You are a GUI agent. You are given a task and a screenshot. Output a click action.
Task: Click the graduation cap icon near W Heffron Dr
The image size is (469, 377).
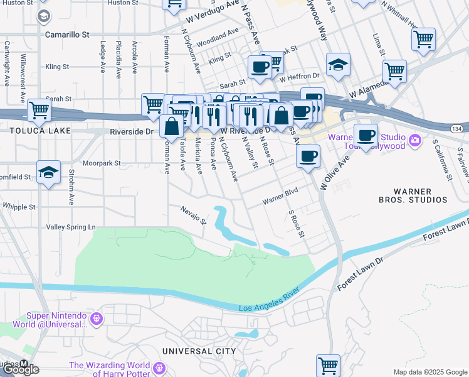coord(338,65)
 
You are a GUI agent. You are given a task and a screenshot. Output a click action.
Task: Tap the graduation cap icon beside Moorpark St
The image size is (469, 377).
coord(48,172)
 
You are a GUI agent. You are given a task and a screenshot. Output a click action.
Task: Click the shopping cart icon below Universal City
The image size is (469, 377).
coord(328,365)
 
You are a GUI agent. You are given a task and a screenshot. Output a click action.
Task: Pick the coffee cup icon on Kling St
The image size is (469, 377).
coord(260,66)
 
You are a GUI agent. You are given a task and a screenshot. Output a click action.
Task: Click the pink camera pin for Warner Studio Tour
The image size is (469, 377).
coord(414,140)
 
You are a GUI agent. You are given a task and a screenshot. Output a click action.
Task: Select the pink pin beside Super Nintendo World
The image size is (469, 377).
coord(97,319)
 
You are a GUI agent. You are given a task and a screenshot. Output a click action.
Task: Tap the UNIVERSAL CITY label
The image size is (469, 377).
coord(199,351)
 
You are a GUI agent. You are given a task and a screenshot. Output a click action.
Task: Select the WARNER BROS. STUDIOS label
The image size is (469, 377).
coord(412,195)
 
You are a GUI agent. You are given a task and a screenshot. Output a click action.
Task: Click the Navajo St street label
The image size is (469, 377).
coord(193,215)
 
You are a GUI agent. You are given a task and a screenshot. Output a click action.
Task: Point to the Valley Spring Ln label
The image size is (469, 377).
coord(70,226)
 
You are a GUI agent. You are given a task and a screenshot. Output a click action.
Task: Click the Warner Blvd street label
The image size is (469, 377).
coord(279,197)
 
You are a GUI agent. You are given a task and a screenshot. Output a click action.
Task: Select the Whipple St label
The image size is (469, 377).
coord(18,206)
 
